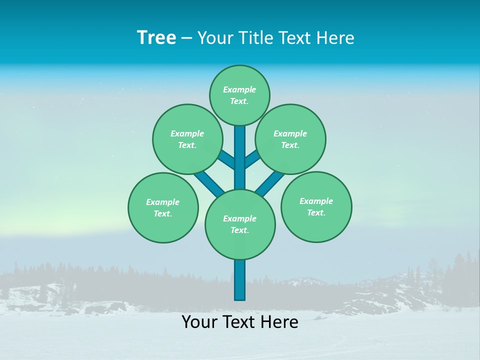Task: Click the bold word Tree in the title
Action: click(x=156, y=38)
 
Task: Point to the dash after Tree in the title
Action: click(x=186, y=38)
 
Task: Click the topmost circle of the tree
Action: click(x=239, y=95)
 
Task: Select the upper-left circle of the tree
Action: click(x=187, y=139)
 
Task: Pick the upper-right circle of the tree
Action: click(x=290, y=139)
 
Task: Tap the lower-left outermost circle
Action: click(x=163, y=207)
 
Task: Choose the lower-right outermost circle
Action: click(x=316, y=206)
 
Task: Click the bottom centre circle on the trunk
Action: click(x=240, y=224)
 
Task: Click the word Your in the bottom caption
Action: click(x=199, y=322)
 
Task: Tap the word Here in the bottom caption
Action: click(x=280, y=322)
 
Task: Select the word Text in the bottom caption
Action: click(x=239, y=322)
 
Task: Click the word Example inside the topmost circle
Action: click(x=239, y=89)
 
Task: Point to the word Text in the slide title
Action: click(x=295, y=38)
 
